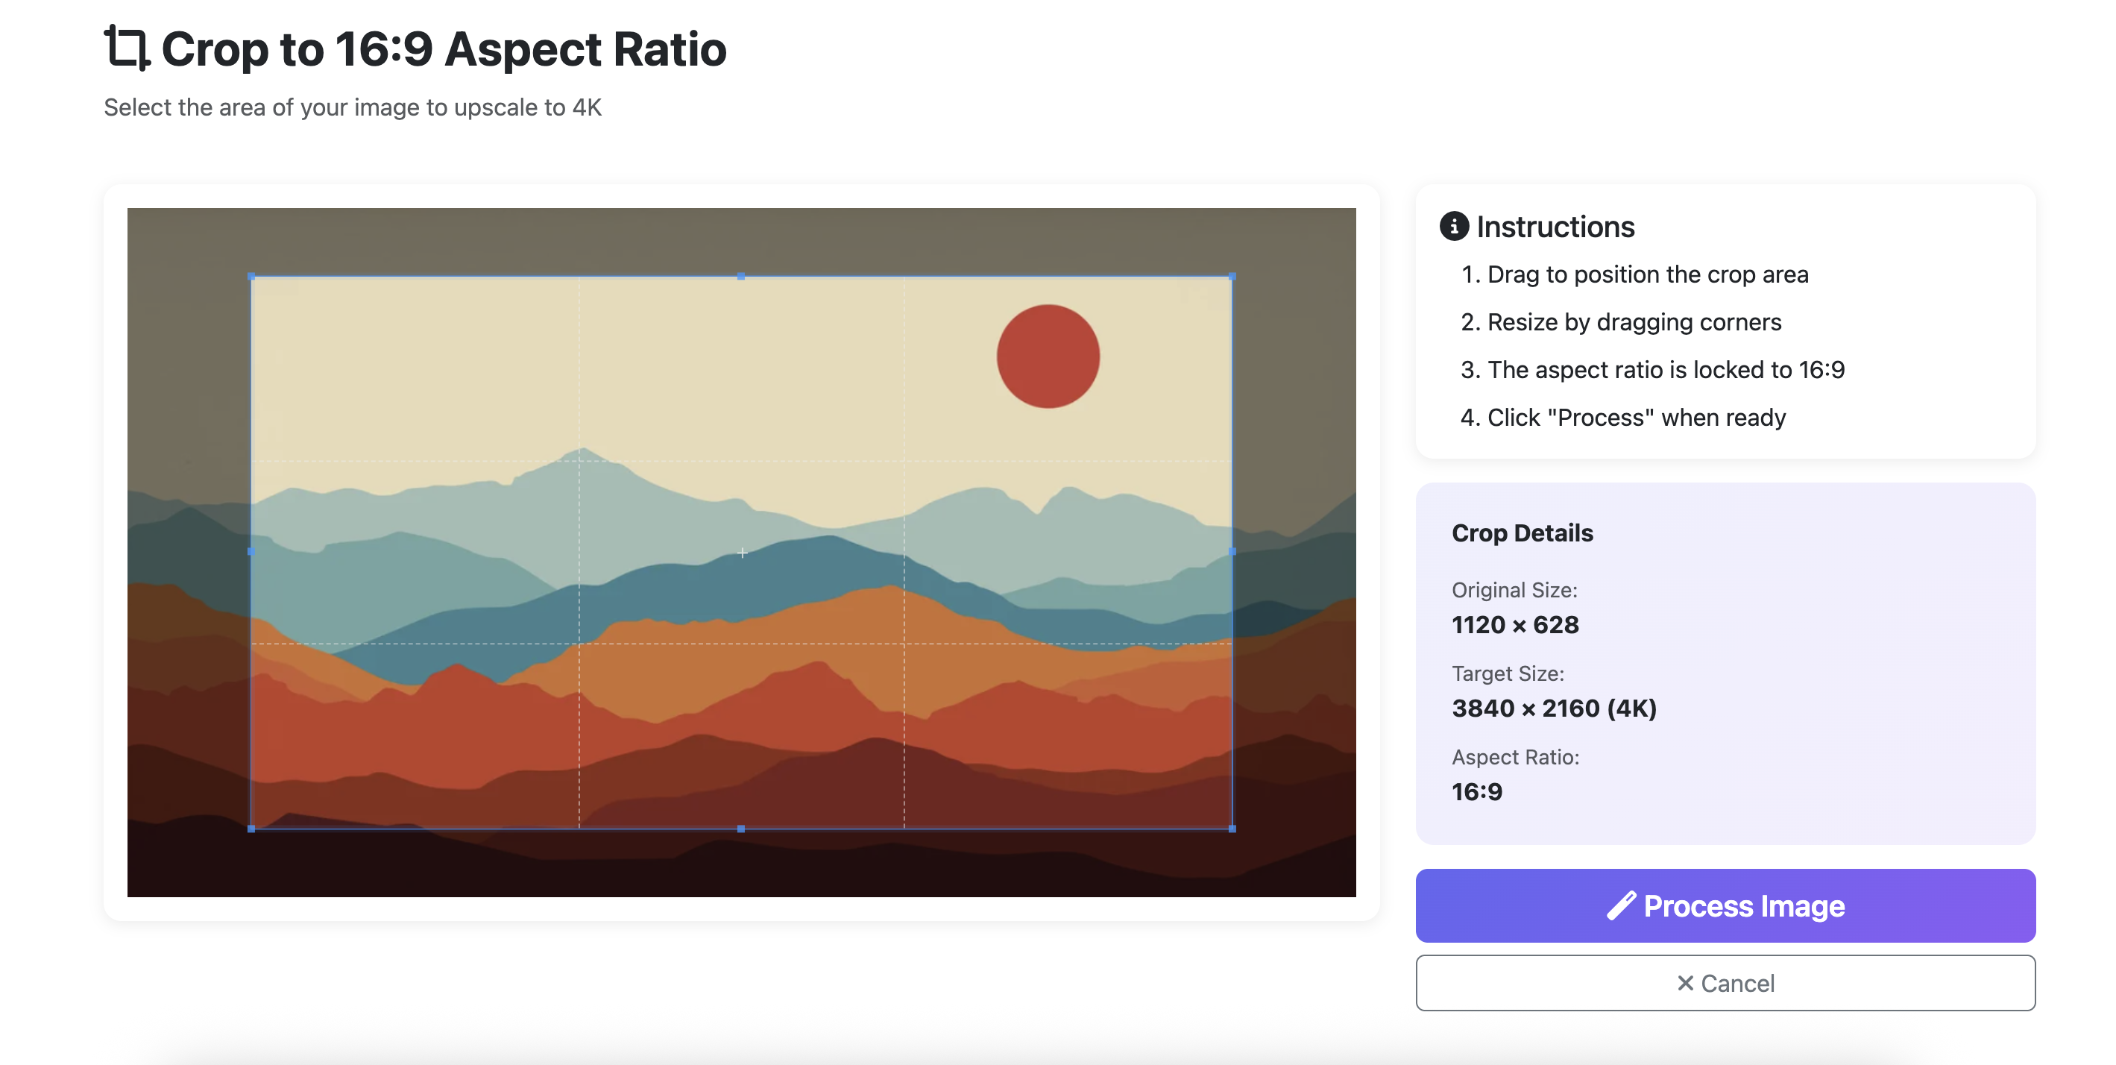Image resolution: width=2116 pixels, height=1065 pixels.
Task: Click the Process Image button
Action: [x=1725, y=905]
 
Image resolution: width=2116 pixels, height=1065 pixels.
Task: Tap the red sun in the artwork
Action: [x=1048, y=356]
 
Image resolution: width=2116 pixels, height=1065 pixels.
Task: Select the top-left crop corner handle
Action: [x=251, y=277]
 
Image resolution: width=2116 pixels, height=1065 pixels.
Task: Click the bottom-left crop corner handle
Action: [x=251, y=829]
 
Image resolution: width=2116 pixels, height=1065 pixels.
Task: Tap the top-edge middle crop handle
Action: [x=741, y=277]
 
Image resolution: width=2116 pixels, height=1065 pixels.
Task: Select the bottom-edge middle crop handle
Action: [x=741, y=829]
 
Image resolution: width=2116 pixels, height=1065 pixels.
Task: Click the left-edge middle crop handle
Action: [x=251, y=552]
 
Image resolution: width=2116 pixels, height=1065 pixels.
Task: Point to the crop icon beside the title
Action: [x=127, y=48]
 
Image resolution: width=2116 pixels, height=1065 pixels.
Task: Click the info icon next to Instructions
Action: [x=1454, y=226]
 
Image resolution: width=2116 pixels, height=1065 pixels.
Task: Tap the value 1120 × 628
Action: [x=1515, y=624]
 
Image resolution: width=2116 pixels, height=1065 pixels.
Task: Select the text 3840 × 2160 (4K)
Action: [x=1554, y=709]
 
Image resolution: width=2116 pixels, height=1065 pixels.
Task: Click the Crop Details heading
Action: [x=1522, y=533]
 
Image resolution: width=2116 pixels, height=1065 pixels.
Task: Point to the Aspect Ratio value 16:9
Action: [x=1477, y=792]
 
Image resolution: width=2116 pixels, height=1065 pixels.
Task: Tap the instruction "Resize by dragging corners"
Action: [x=1634, y=322]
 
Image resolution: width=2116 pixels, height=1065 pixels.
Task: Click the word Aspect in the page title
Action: [x=523, y=49]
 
